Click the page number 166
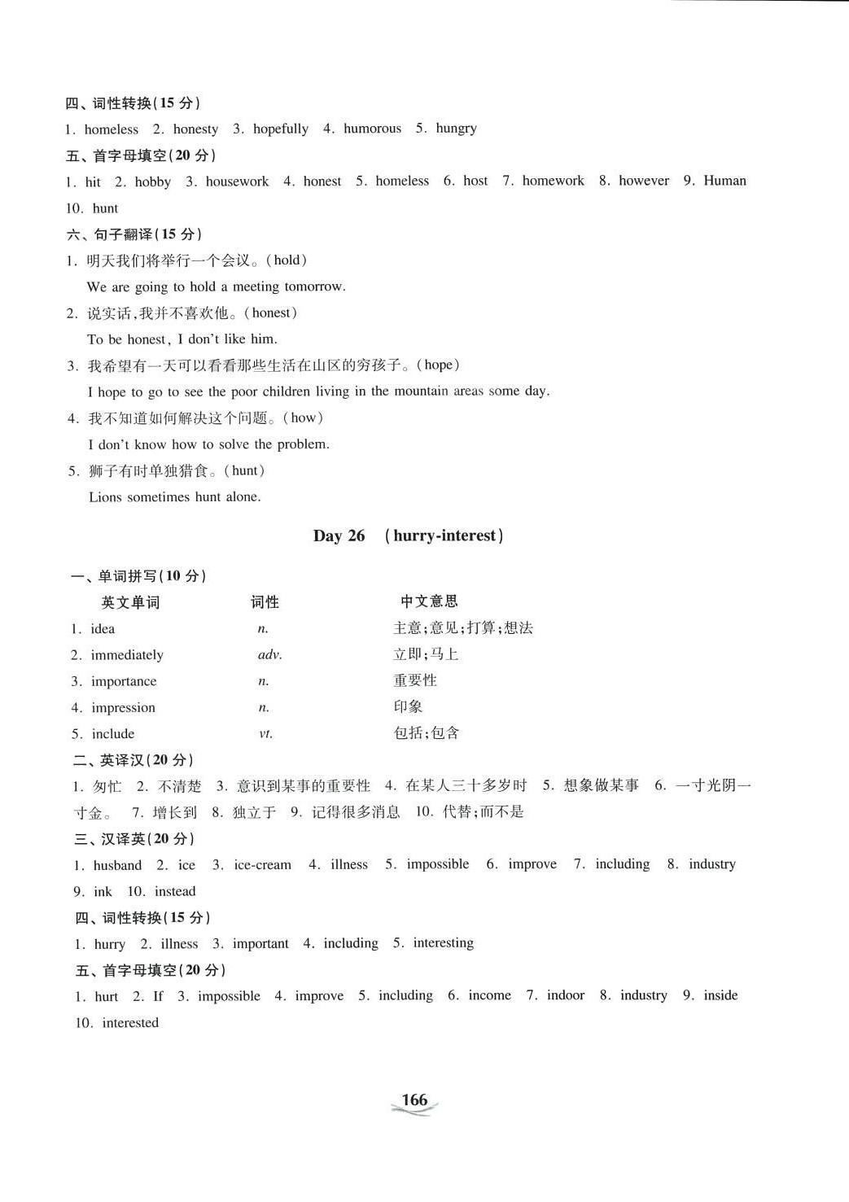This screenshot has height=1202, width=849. coord(414,1099)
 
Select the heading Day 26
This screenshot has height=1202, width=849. coord(339,535)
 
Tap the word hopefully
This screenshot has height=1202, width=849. coord(281,129)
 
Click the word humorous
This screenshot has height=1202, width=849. coord(372,129)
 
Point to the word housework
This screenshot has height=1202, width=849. coord(237,181)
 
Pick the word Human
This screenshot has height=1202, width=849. coord(724,181)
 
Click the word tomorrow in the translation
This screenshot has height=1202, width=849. coord(314,286)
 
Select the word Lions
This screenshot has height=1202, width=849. coord(105,497)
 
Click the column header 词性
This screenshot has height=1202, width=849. coord(265,602)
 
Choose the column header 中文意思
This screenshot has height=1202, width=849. coord(429,601)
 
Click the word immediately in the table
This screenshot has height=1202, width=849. coord(127,655)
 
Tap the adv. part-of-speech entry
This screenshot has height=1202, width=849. coord(269,655)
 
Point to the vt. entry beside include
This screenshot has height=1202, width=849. coord(265,734)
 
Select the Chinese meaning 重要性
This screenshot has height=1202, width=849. coord(415,680)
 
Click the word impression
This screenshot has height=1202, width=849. coord(123,708)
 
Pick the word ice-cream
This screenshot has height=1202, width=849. coord(262,865)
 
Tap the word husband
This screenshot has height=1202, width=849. coord(117,865)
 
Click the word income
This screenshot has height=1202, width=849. coord(489,995)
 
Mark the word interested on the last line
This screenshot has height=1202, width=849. coord(130,1023)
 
